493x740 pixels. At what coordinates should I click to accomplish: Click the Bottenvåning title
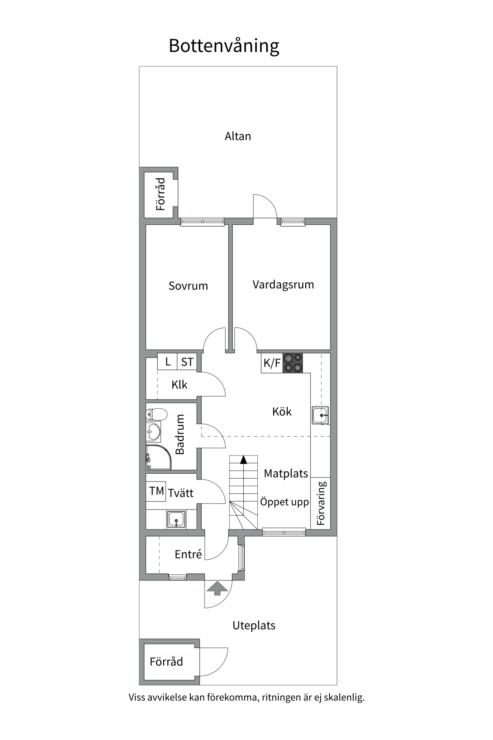pos(224,46)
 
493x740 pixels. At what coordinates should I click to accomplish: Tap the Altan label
pos(238,136)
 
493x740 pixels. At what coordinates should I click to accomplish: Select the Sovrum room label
pos(188,286)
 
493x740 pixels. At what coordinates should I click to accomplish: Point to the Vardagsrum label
pos(283,284)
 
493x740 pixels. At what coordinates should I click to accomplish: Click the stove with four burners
pos(293,363)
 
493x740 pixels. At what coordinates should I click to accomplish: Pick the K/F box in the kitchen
pos(272,363)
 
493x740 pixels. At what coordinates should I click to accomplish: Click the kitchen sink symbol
pos(320,415)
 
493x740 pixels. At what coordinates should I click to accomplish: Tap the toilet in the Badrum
pos(156,414)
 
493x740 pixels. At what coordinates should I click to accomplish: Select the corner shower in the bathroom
pos(158,458)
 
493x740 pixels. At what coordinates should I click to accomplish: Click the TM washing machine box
pos(156,491)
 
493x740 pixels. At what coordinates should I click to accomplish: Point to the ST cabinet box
pos(187,362)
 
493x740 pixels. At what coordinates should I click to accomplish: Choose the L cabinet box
pos(168,362)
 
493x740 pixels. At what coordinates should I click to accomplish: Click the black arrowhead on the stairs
pos(243,459)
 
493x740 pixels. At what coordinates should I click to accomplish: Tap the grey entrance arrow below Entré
pos(218,588)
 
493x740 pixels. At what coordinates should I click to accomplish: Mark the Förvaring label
pos(321,503)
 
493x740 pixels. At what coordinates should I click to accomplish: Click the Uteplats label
pos(254,625)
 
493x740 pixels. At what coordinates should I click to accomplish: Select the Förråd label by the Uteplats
pos(166,661)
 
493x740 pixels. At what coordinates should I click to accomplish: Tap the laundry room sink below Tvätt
pos(176,519)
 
